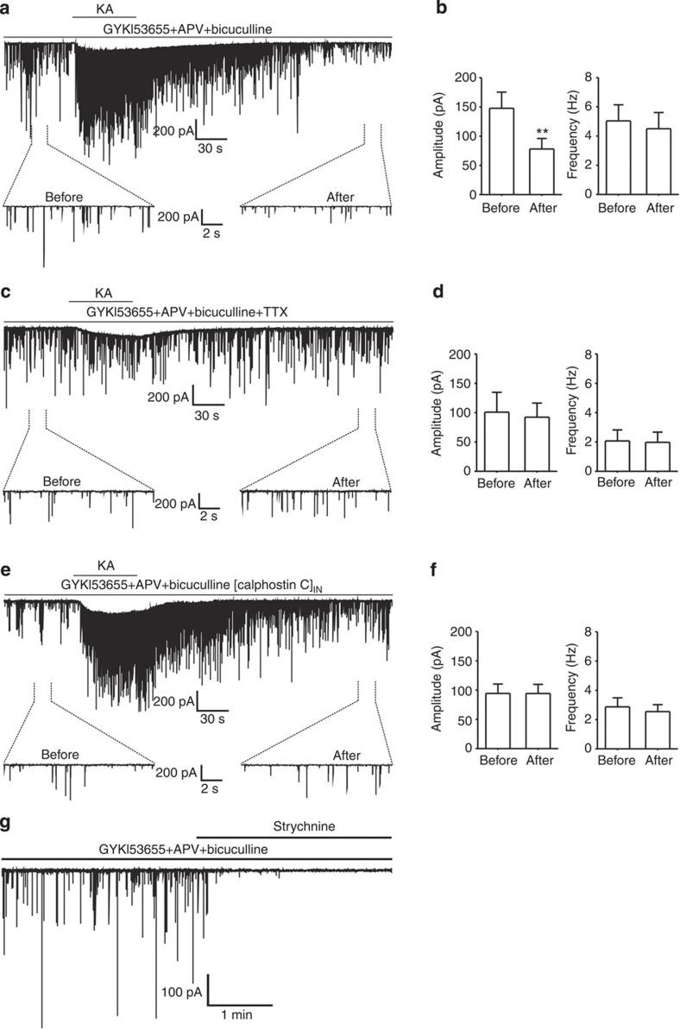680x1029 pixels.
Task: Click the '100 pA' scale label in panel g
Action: (181, 993)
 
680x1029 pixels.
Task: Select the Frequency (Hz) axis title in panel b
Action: (572, 135)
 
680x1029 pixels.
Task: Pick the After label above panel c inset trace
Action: (345, 481)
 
